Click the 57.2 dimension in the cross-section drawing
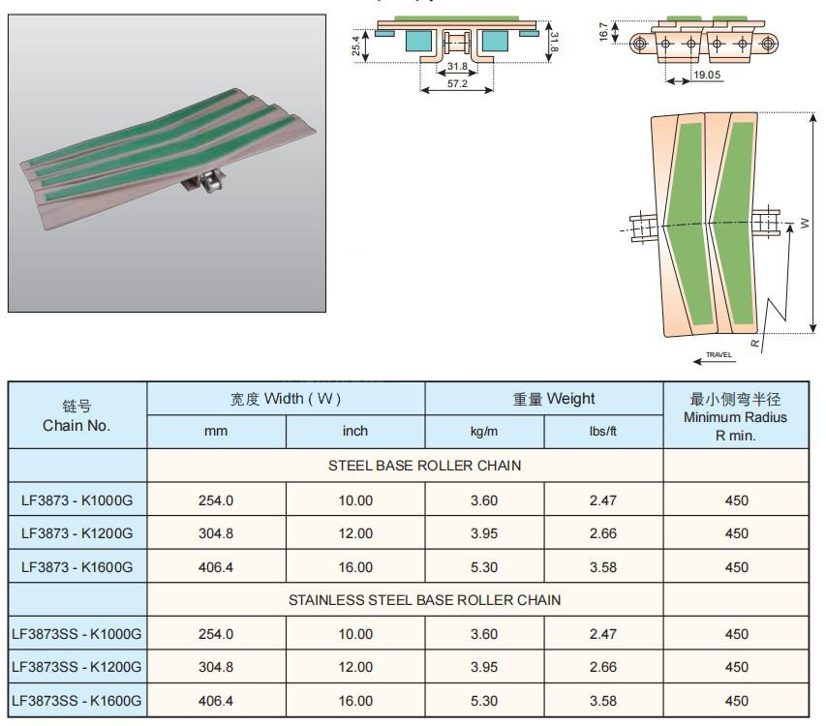[x=457, y=83]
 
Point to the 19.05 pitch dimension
[x=707, y=75]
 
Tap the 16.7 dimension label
[x=603, y=32]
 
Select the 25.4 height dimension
[x=356, y=45]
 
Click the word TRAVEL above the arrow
[x=719, y=354]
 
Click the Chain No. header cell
[x=76, y=415]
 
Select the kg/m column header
[x=484, y=431]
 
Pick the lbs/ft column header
[x=603, y=431]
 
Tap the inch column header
[x=355, y=431]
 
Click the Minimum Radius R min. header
[x=735, y=416]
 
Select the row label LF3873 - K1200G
[x=76, y=533]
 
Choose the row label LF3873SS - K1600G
[x=76, y=701]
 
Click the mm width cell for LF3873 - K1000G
[x=216, y=500]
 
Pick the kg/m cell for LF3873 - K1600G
[x=484, y=567]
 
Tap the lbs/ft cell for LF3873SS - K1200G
[x=603, y=667]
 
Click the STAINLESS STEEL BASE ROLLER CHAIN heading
[x=424, y=599]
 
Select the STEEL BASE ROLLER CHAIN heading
[x=424, y=466]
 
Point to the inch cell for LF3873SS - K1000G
[x=355, y=634]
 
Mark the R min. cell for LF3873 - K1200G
[x=737, y=533]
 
